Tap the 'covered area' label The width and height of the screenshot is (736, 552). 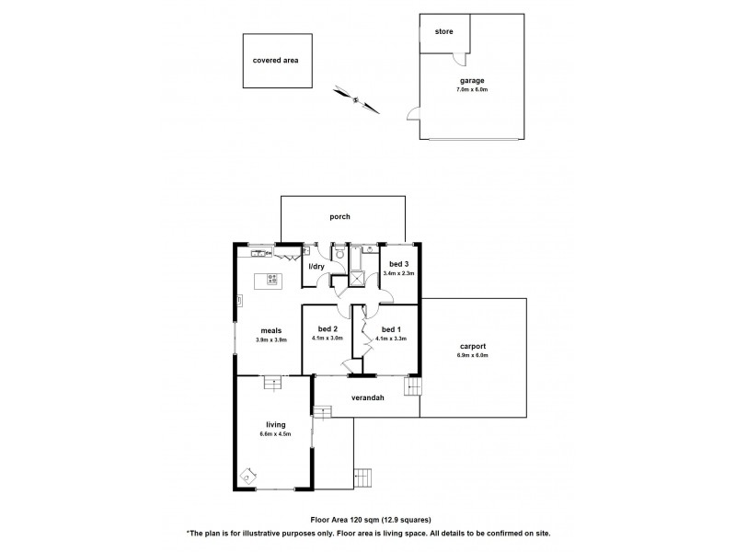point(276,61)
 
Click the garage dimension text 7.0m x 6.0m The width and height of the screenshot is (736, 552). point(472,89)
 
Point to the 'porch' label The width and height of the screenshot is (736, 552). point(340,217)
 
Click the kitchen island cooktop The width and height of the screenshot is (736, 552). point(272,279)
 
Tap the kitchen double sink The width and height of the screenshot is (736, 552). point(260,251)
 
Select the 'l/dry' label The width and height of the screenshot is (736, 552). point(317,267)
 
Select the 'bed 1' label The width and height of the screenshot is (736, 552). point(390,329)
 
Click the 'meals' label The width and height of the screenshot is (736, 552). point(270,330)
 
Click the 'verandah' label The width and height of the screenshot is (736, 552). point(366,398)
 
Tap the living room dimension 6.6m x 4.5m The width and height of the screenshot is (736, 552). point(276,433)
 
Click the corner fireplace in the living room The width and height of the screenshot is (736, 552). point(246,476)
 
